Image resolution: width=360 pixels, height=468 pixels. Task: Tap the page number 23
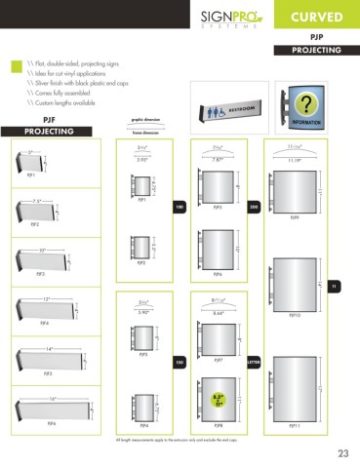[x=342, y=451]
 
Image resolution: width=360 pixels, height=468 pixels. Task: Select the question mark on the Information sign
[x=309, y=104]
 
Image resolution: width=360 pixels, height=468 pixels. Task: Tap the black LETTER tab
[x=253, y=362]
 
